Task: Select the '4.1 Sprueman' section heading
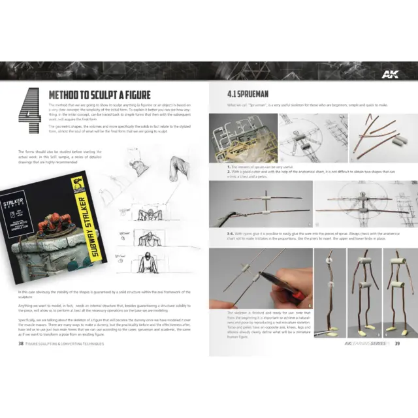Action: (238, 94)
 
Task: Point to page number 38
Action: (22, 343)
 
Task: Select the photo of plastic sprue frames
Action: (243, 138)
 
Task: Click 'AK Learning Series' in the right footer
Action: (366, 343)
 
